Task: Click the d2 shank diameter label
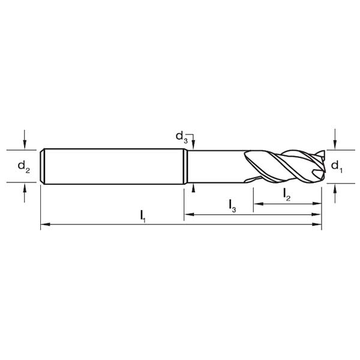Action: pos(23,167)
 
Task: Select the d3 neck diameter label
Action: pos(182,137)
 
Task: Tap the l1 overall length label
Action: pos(143,217)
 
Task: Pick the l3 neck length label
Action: pos(233,206)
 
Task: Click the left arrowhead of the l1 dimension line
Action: pos(45,224)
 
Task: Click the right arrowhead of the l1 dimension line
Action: pos(317,224)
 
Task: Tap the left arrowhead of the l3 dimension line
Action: pos(189,214)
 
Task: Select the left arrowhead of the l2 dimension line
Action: pos(258,203)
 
